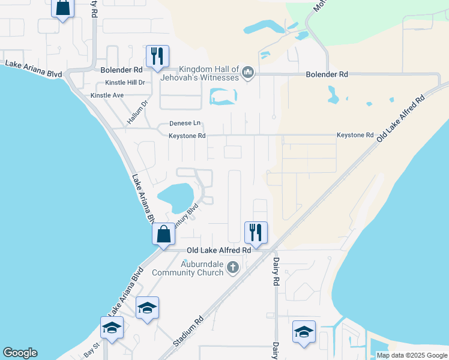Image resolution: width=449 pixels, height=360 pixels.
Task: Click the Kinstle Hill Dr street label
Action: [125, 82]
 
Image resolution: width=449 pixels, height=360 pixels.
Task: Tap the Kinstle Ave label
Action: [107, 95]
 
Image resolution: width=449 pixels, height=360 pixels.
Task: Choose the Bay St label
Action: [92, 350]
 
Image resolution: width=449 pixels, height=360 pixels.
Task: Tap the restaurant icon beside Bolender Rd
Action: [157, 56]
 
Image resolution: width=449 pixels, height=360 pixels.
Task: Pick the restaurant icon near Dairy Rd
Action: [256, 232]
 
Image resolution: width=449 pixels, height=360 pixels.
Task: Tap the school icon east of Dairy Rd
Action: [304, 331]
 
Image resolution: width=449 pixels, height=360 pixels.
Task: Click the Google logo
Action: [20, 353]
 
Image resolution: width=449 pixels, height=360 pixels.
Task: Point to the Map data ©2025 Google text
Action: [412, 355]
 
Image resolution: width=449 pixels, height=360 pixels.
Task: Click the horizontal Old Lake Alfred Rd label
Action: [218, 250]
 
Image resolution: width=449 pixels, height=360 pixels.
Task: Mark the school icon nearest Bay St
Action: [112, 328]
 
